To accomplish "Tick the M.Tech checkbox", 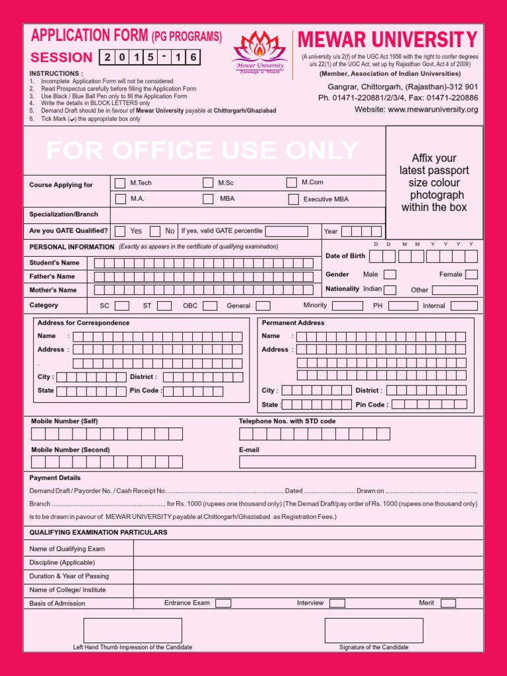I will pyautogui.click(x=119, y=183).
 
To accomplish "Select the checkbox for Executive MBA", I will pyautogui.click(x=293, y=199).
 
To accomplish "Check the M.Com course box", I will pyautogui.click(x=291, y=183).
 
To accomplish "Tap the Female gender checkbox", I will pyautogui.click(x=471, y=275).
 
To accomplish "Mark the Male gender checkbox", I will pyautogui.click(x=389, y=275).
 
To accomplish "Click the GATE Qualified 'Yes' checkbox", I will pyautogui.click(x=119, y=231).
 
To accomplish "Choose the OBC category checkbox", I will pyautogui.click(x=210, y=306).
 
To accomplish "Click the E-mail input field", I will pyautogui.click(x=357, y=461).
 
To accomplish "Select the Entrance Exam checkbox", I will pyautogui.click(x=223, y=603).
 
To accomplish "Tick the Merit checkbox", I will pyautogui.click(x=448, y=603).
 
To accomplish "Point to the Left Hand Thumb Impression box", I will pyautogui.click(x=133, y=630).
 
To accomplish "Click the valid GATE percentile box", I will pyautogui.click(x=287, y=231).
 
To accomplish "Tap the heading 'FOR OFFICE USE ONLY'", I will pyautogui.click(x=203, y=151).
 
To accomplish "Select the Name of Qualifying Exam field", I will pyautogui.click(x=307, y=549).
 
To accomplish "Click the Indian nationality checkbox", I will pyautogui.click(x=389, y=290).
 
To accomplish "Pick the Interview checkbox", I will pyautogui.click(x=337, y=603).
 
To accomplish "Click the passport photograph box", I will pyautogui.click(x=434, y=183).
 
